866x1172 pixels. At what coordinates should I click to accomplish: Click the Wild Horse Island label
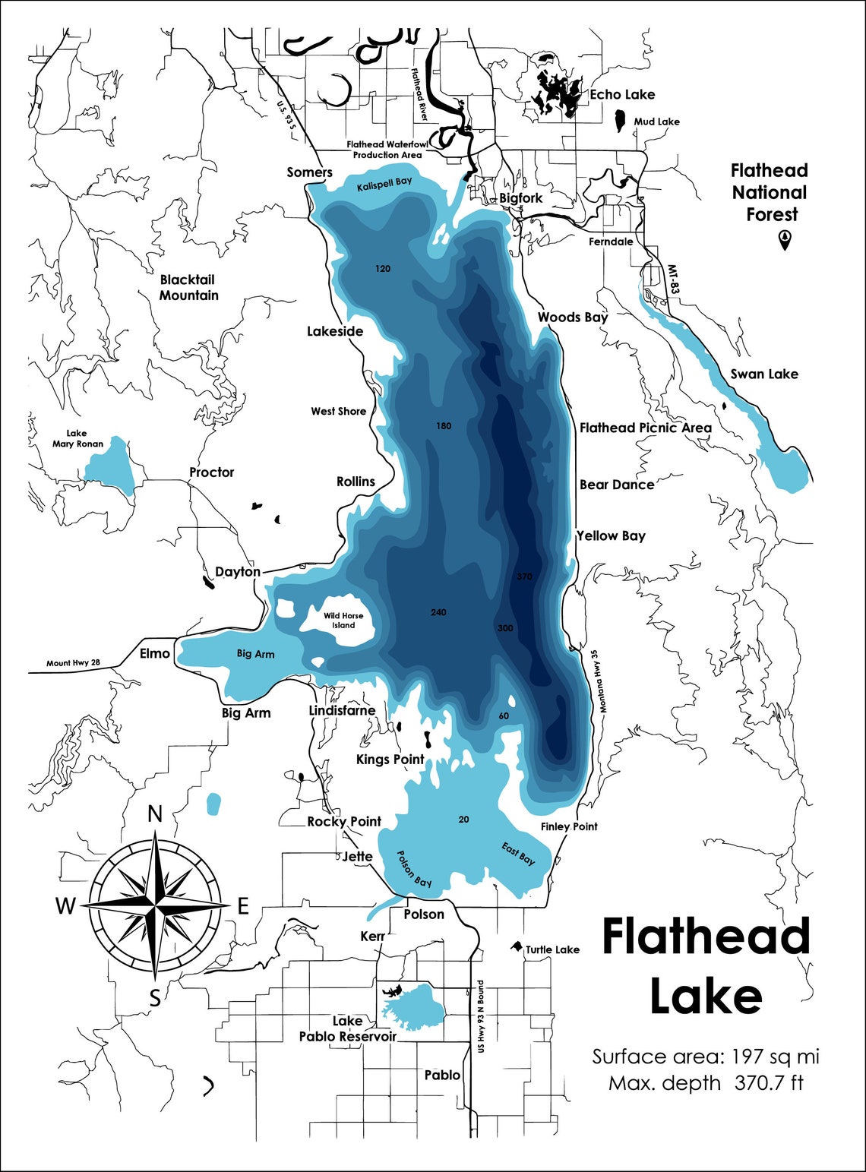pos(343,621)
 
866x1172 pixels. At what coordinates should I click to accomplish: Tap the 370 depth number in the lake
pos(524,577)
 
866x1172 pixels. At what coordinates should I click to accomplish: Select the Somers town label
pos(309,172)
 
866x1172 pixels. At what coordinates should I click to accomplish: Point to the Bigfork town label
pos(521,198)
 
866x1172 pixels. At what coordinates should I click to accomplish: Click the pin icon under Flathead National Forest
pos(784,240)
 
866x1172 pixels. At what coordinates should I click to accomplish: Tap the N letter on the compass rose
pos(155,814)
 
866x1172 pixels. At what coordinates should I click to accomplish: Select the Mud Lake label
pos(656,122)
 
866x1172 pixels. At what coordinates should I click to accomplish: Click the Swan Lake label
pos(764,374)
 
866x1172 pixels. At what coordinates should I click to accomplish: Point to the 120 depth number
pos(383,269)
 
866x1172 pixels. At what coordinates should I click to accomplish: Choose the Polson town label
pos(424,915)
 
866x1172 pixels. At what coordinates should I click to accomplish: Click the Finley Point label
pos(569,826)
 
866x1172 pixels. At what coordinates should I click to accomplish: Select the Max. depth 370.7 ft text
pos(706,1083)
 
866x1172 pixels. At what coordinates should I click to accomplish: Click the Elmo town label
pos(155,653)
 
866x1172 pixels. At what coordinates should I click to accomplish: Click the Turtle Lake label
pos(552,949)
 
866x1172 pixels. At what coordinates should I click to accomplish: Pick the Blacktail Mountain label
pos(188,288)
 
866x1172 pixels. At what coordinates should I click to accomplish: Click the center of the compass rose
pos(155,905)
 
